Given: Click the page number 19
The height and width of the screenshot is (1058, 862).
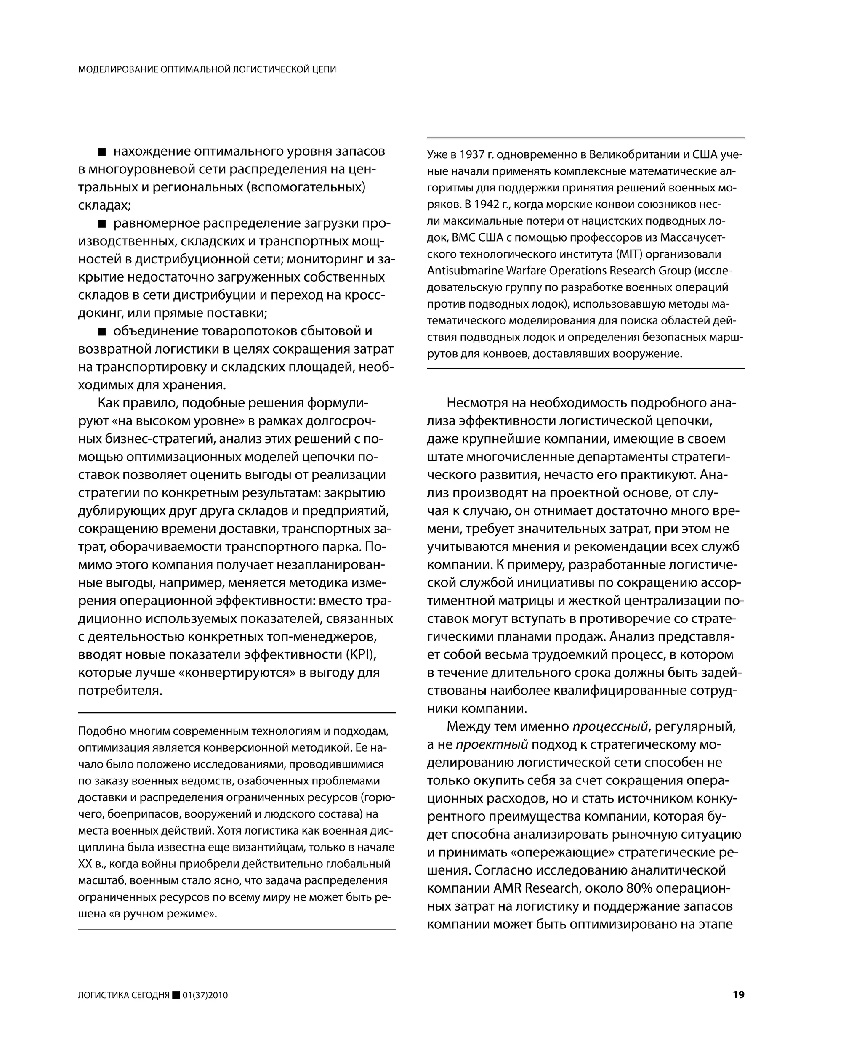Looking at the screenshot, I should pos(738,994).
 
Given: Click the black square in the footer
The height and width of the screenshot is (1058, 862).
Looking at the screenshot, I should pos(176,995).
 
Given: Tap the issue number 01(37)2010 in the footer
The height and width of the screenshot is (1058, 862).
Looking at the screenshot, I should pos(205,995).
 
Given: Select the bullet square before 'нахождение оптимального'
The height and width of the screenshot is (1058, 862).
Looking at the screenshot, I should pos(102,152).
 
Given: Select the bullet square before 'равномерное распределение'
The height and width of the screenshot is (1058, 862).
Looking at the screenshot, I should pos(102,223).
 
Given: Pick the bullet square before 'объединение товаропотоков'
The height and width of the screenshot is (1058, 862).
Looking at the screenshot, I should pos(102,331).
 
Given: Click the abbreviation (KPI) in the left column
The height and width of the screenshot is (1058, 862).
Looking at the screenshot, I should pos(360,654).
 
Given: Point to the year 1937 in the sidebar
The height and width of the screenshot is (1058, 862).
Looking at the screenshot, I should pos(472,155).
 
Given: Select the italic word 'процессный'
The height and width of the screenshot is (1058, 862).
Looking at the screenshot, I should pos(610,726).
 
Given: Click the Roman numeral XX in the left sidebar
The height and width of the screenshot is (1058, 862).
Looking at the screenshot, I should pos(85,864).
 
